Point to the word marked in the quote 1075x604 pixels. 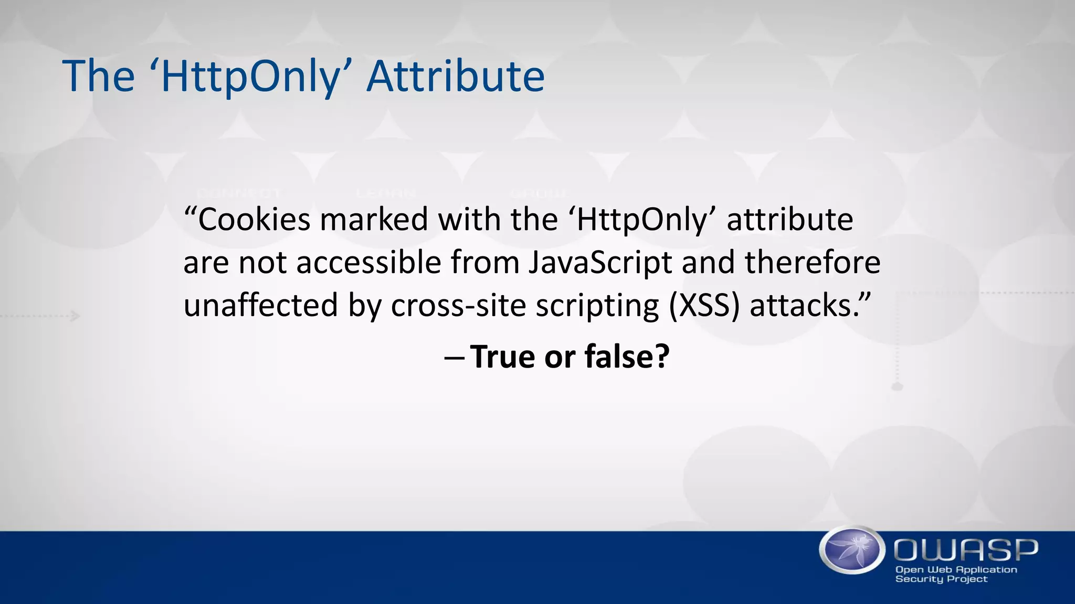374,219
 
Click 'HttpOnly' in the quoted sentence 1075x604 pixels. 641,219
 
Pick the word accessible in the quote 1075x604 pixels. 368,262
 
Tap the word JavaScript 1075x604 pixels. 600,262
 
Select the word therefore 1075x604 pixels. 812,262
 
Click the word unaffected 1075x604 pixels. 260,305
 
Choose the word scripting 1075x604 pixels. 597,305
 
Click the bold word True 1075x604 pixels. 502,357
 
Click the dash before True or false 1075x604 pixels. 454,358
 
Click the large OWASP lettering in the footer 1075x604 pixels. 965,551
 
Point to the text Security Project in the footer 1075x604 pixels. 941,579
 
